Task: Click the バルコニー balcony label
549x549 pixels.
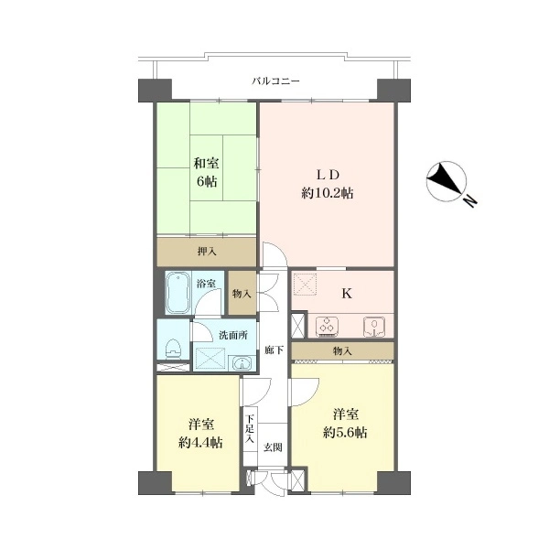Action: tap(275, 81)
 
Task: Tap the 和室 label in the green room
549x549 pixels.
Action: tap(206, 164)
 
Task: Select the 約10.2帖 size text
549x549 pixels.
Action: tap(327, 193)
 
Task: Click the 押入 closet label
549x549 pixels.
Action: tap(207, 251)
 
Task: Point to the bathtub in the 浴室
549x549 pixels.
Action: tap(178, 293)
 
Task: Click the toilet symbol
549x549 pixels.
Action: tap(173, 349)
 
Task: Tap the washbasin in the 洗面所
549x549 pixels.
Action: tap(242, 363)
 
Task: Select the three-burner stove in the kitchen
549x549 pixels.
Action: tap(327, 326)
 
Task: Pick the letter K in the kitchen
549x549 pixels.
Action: tap(347, 294)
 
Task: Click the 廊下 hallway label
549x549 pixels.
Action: tap(274, 350)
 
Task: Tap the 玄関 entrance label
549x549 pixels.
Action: tap(273, 447)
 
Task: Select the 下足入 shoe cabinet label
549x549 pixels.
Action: tap(249, 429)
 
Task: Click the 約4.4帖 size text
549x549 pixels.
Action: tap(200, 443)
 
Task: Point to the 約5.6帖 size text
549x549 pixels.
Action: tap(345, 433)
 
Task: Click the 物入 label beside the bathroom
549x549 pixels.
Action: tap(242, 294)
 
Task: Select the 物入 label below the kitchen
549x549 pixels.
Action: tap(342, 350)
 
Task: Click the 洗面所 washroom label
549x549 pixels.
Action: tap(233, 335)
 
